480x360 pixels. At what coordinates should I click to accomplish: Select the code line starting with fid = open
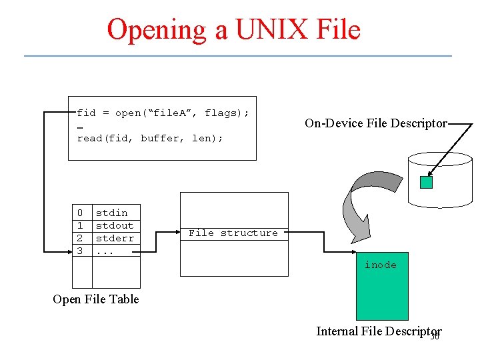click(x=163, y=113)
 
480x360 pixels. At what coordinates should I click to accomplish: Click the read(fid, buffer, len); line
click(x=150, y=138)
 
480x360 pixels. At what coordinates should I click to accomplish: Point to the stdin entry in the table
click(x=111, y=213)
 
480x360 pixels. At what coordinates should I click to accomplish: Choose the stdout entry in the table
click(x=115, y=225)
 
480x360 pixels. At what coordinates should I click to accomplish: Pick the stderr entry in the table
click(x=115, y=238)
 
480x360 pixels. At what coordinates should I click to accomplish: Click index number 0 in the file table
click(x=80, y=213)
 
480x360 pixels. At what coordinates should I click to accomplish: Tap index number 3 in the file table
click(x=80, y=251)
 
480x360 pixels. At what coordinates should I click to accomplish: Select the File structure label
click(x=233, y=233)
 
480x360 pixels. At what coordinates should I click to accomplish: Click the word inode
click(x=381, y=265)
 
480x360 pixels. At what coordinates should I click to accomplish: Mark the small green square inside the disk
click(x=427, y=182)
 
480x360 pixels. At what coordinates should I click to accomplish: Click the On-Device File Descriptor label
click(x=375, y=123)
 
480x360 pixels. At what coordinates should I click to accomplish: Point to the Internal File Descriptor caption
click(x=377, y=331)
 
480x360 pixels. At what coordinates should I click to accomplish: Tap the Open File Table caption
click(x=96, y=299)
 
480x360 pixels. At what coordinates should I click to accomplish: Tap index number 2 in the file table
click(x=80, y=238)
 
